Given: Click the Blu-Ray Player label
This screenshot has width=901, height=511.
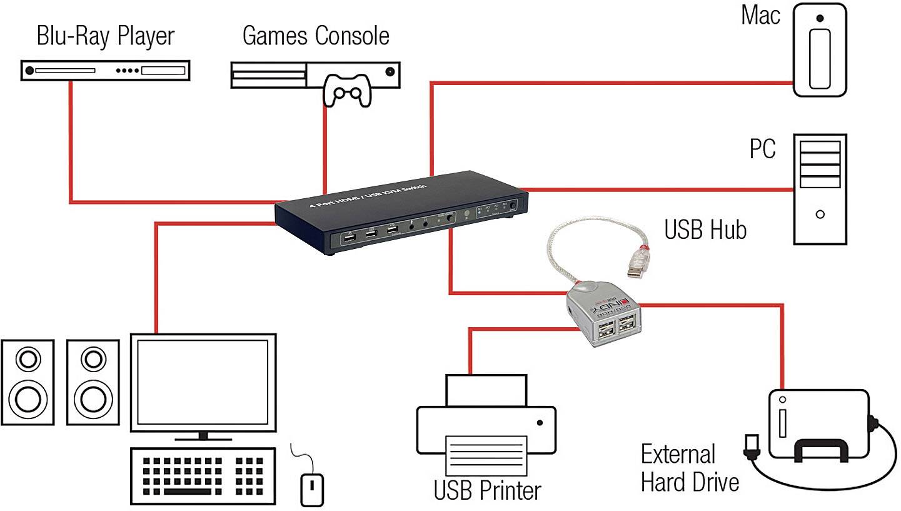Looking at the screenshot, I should pos(105,36).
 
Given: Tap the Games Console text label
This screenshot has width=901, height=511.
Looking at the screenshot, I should pos(316,36).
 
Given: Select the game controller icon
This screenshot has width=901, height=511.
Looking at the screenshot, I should pos(345,90).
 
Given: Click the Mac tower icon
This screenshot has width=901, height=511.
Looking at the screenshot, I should pos(820,50).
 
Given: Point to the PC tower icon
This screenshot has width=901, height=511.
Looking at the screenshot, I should pos(820,188).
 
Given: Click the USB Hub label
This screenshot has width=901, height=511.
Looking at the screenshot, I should pos(705,230).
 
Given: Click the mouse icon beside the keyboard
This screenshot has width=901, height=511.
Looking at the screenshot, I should pos(312,488).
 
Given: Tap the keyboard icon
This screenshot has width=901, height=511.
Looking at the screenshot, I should pos(205,475).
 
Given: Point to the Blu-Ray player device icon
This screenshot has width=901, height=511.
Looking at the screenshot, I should pos(105,71).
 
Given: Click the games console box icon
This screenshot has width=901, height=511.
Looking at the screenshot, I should pos(315,74).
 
